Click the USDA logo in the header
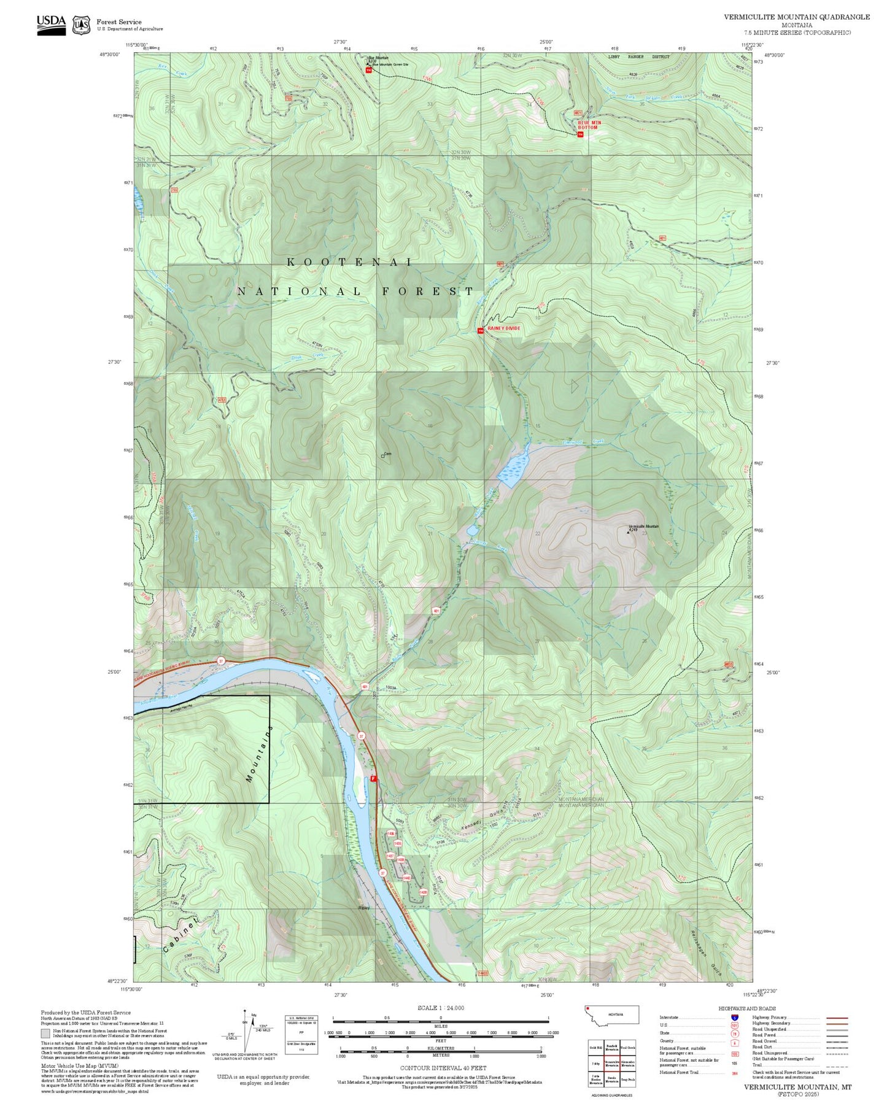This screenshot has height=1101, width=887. click(51, 23)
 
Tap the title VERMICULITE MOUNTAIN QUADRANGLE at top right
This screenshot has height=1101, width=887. click(796, 17)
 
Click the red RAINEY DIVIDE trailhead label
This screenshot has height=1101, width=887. click(503, 328)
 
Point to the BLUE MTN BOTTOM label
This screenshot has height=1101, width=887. click(589, 125)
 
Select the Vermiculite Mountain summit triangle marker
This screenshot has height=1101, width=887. click(627, 532)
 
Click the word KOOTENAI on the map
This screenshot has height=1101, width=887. click(350, 262)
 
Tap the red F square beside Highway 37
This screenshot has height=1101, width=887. click(373, 778)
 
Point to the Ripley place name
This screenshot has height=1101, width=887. click(364, 908)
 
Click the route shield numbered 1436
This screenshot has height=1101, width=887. click(390, 833)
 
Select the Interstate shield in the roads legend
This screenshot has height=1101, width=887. click(734, 1018)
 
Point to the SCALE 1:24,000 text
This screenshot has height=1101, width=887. click(440, 1008)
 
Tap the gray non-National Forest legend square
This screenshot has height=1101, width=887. click(45, 1033)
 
